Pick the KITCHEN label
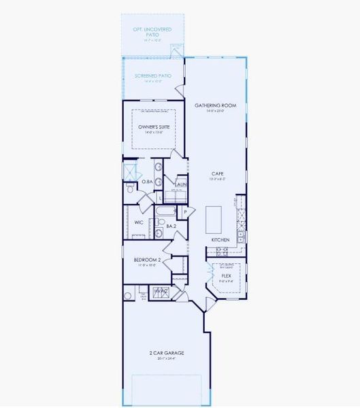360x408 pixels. click(x=220, y=240)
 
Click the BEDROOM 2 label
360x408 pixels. click(x=146, y=260)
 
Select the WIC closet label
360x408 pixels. click(x=139, y=222)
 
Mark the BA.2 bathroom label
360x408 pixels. click(x=171, y=226)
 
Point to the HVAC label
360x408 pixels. click(x=161, y=291)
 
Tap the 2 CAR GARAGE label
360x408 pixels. click(x=167, y=353)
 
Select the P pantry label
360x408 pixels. click(x=185, y=213)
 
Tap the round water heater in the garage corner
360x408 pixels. click(x=128, y=295)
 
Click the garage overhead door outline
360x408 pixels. click(x=167, y=389)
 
